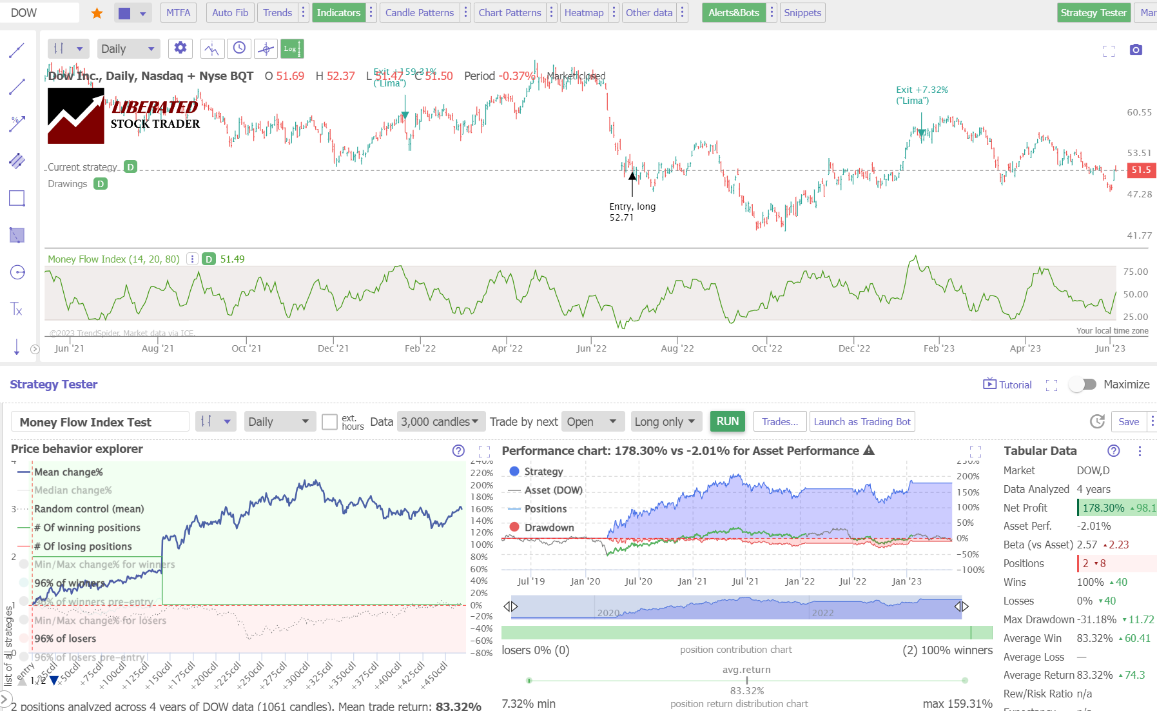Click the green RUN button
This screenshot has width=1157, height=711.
[x=727, y=421]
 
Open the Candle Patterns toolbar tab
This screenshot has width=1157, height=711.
[x=419, y=13]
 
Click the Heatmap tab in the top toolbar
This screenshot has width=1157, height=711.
[x=583, y=13]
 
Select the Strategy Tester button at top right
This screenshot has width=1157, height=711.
[x=1093, y=13]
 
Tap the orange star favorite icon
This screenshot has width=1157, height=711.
[x=97, y=13]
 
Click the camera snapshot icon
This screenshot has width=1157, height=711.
[x=1136, y=50]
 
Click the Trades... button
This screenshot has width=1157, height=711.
[x=779, y=421]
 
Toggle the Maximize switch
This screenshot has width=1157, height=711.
[x=1083, y=384]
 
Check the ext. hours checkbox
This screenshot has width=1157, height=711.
[x=329, y=422]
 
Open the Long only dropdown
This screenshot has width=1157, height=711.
[x=665, y=421]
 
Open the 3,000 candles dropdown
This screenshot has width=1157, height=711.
[x=440, y=421]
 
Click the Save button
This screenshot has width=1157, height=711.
[x=1128, y=421]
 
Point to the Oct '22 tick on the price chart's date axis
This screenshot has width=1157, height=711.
[x=766, y=348]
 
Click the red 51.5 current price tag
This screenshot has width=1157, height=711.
[x=1140, y=170]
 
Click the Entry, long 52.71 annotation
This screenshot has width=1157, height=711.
[x=632, y=212]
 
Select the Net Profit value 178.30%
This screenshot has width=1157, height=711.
[x=1103, y=508]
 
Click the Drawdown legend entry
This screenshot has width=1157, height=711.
[x=549, y=527]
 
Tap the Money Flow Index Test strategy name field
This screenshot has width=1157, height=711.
[x=100, y=422]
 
